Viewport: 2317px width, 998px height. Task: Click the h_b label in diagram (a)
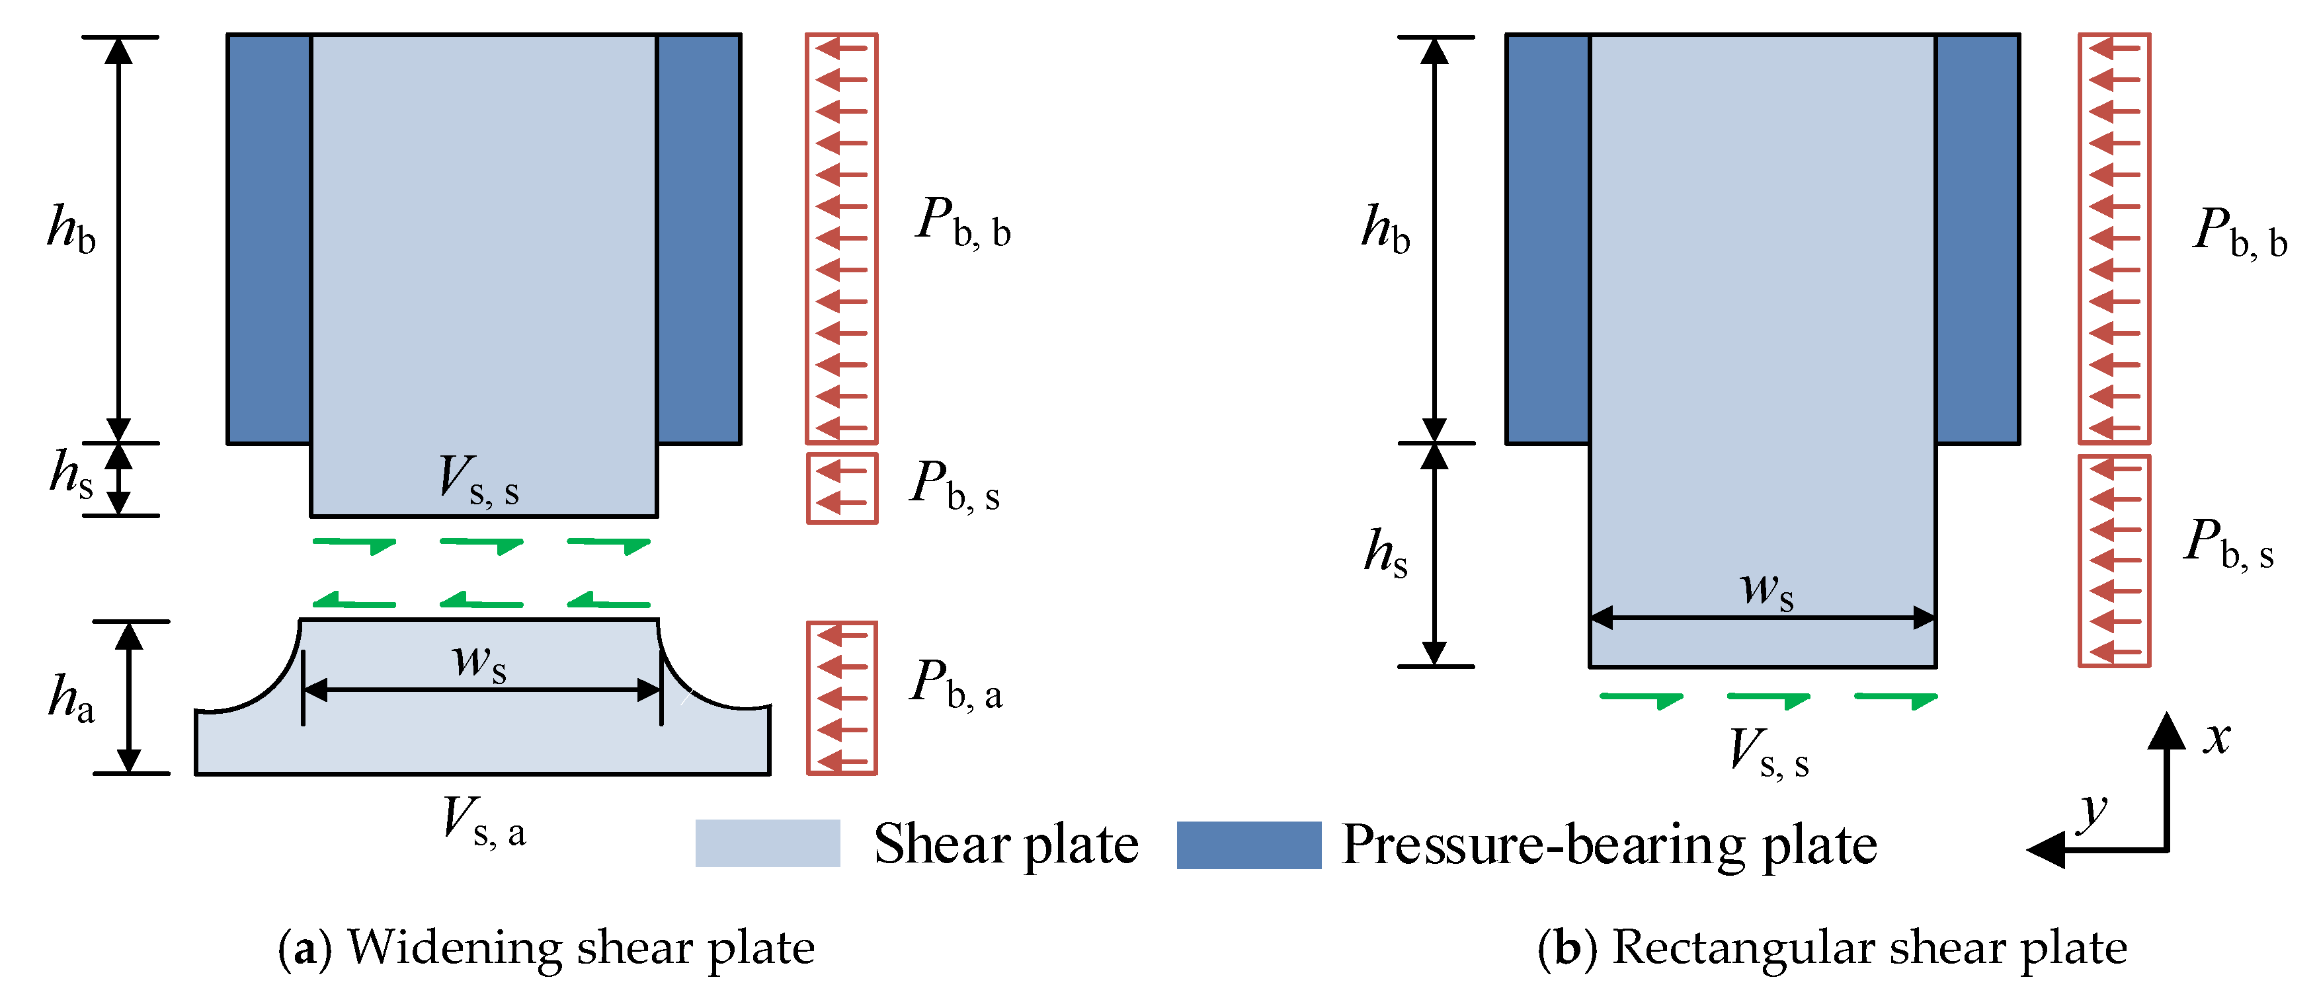click(72, 230)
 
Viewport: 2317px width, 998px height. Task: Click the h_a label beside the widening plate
click(72, 699)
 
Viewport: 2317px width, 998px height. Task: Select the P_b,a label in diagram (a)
click(955, 685)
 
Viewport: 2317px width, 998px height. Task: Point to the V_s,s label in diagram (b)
click(1768, 753)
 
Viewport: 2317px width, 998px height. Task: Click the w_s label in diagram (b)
click(1767, 592)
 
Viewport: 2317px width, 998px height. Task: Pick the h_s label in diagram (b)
click(1385, 553)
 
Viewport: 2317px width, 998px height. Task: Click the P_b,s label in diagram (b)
click(2229, 545)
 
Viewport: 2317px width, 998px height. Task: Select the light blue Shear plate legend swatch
click(767, 843)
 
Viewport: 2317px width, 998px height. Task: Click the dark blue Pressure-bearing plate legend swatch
click(1248, 844)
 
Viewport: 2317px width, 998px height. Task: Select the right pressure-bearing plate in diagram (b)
click(1977, 238)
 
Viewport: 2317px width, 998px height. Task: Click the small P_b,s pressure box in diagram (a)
click(841, 488)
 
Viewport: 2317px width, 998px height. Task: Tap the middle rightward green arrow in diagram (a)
click(481, 545)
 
